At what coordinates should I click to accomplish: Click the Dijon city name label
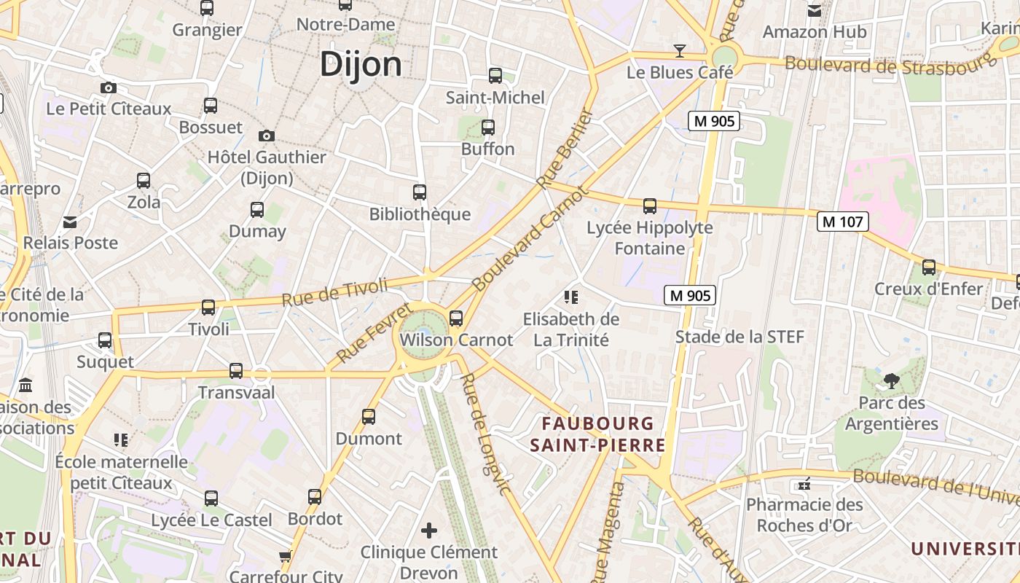tap(361, 64)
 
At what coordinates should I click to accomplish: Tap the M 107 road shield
tap(843, 222)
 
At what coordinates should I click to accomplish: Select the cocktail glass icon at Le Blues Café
tap(680, 50)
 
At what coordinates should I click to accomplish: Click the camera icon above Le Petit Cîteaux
tap(109, 88)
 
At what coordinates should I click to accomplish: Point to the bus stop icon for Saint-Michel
tap(495, 76)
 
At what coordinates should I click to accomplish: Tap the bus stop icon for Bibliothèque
tap(420, 192)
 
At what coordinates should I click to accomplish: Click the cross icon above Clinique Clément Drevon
tap(430, 531)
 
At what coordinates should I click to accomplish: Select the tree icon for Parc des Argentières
tap(891, 380)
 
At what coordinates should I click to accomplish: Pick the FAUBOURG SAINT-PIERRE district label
tap(597, 434)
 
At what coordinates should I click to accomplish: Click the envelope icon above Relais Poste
tap(70, 222)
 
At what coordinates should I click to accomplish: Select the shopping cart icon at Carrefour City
tap(285, 557)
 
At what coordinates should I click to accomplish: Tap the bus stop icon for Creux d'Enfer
tap(929, 267)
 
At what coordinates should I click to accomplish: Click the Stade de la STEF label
tap(739, 337)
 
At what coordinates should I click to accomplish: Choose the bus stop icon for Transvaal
tap(236, 371)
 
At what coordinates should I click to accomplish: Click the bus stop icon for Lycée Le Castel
tap(211, 499)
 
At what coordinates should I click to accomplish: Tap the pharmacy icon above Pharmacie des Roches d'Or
tap(804, 484)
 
